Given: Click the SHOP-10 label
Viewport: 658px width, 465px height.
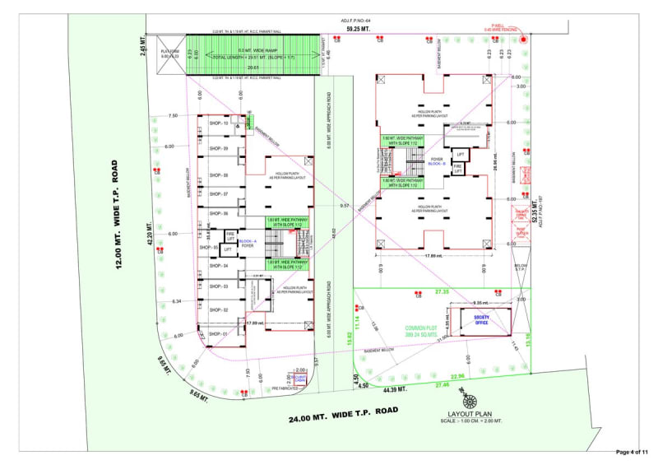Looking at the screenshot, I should tap(219, 123).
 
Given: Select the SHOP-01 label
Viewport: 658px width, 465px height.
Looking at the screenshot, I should tap(219, 334).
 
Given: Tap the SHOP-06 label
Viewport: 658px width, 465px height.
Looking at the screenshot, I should tap(219, 212).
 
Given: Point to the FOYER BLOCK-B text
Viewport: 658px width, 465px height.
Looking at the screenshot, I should tap(437, 162).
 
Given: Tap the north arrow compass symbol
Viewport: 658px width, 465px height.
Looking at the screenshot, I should tap(470, 398).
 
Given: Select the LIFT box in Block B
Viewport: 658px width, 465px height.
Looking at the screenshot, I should tap(461, 155).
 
